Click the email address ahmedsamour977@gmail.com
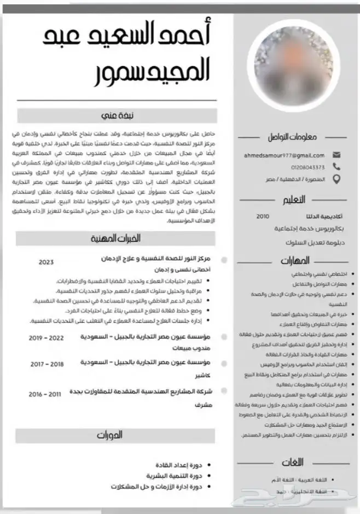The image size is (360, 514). (284, 155)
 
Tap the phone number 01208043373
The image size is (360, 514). (309, 167)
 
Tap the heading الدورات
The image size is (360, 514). (109, 436)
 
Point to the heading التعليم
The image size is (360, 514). (295, 200)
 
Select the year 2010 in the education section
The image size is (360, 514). (263, 217)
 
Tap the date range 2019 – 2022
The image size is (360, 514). (47, 338)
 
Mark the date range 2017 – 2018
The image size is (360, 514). (47, 364)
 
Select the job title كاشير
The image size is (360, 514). (202, 376)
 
